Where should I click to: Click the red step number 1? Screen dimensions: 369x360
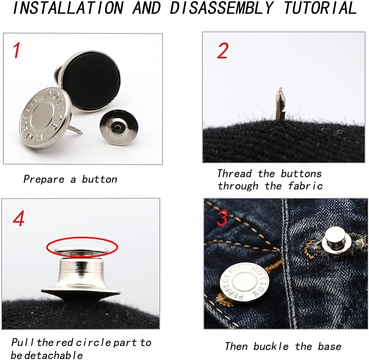(x=16, y=50)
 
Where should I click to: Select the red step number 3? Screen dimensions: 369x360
(x=222, y=218)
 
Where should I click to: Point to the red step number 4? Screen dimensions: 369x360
(x=19, y=218)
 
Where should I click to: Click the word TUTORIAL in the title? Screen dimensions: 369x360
(x=320, y=8)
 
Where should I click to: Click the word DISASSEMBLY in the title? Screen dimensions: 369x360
(x=222, y=8)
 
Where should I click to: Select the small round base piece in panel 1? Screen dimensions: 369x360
(x=119, y=127)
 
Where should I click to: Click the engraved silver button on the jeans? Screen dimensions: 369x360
(x=244, y=283)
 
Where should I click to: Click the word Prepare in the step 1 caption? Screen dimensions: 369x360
(x=44, y=180)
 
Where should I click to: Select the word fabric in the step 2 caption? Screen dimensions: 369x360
(x=305, y=186)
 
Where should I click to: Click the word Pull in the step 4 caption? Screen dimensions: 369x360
(x=23, y=342)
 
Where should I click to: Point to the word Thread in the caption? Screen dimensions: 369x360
(x=235, y=174)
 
